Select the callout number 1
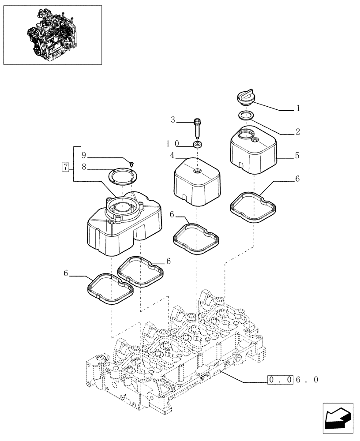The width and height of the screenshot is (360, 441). tap(298, 108)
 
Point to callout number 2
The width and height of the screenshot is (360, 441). tap(298, 131)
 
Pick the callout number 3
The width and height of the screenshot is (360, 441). tap(173, 120)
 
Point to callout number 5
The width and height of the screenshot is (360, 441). tap(297, 155)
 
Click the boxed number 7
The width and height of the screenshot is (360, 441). tap(65, 167)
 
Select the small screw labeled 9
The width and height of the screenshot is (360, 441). tap(131, 164)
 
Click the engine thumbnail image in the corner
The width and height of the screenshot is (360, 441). tap(52, 35)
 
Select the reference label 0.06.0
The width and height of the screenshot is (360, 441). tap(293, 380)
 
